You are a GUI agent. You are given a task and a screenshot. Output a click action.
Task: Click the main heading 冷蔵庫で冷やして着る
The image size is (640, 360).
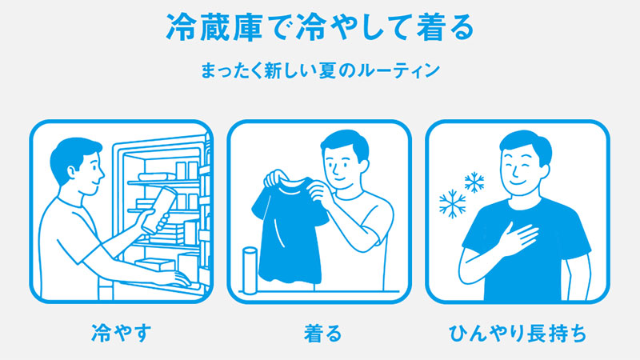pos(320,28)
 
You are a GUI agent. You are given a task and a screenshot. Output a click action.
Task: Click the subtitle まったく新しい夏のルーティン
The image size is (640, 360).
pos(320,70)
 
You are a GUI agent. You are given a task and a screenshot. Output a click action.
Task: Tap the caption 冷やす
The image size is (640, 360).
pos(122,333)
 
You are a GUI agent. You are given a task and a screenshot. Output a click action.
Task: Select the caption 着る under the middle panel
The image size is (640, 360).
pos(322,333)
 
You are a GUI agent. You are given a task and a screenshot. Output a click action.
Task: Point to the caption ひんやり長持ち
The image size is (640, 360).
pos(518,333)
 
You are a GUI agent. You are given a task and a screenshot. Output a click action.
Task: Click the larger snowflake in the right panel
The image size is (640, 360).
pos(452,204)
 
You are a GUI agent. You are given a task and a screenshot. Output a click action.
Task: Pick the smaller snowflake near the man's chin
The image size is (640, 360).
pos(474,182)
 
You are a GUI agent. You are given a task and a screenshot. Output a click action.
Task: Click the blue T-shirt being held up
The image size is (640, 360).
pos(288,229)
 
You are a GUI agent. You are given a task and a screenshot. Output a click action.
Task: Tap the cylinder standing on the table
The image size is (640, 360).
pos(250,270)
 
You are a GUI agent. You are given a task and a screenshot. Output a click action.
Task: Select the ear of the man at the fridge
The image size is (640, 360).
pos(72,173)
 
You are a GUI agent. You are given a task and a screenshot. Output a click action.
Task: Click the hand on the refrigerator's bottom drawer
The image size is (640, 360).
pos(178,278)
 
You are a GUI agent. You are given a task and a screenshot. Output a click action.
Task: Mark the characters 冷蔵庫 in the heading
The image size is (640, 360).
pos(214,28)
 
